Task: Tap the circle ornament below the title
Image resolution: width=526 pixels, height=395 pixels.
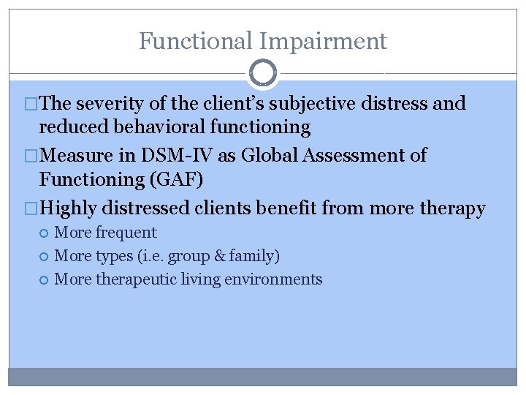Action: click(x=263, y=73)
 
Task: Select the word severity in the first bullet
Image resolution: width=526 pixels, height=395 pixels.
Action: click(x=110, y=104)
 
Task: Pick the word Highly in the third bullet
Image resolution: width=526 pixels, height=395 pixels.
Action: click(x=69, y=208)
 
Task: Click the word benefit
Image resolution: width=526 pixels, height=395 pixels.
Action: click(x=288, y=208)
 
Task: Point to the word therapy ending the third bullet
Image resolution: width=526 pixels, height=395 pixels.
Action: click(x=454, y=208)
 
